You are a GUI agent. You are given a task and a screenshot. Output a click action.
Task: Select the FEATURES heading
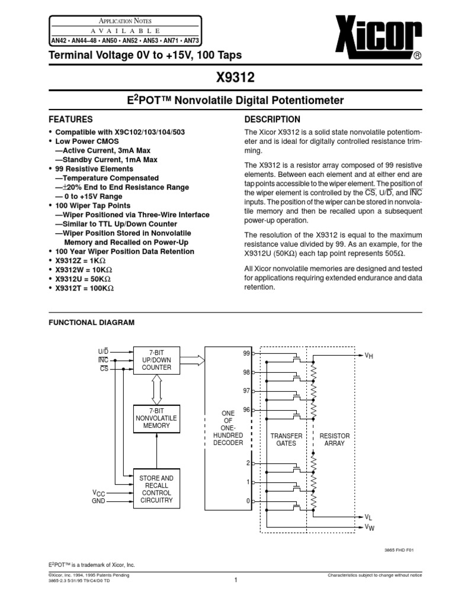71,119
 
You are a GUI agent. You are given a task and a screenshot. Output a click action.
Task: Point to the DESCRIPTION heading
272,119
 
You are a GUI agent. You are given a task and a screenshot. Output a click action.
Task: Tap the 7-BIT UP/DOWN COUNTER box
156,360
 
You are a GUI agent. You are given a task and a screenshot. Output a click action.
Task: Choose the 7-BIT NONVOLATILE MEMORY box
156,418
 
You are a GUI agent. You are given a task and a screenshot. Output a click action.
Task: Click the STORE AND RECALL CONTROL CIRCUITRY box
156,489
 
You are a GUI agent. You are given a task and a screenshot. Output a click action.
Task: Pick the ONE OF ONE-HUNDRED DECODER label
228,428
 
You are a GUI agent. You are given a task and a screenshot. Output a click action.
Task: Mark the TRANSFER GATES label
286,439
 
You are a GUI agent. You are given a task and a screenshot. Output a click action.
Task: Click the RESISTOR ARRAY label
335,439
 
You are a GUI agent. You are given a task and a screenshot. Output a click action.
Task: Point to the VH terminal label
369,355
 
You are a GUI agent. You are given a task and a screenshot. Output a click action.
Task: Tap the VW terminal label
369,527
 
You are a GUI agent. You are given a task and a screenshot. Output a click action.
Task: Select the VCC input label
98,492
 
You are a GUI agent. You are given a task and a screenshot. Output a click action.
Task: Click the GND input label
98,501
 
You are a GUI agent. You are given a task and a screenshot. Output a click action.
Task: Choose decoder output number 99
246,353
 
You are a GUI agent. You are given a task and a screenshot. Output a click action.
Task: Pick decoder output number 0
248,501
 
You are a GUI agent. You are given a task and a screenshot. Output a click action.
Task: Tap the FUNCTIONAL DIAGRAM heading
91,323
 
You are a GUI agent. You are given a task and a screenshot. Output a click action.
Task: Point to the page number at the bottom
235,580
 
